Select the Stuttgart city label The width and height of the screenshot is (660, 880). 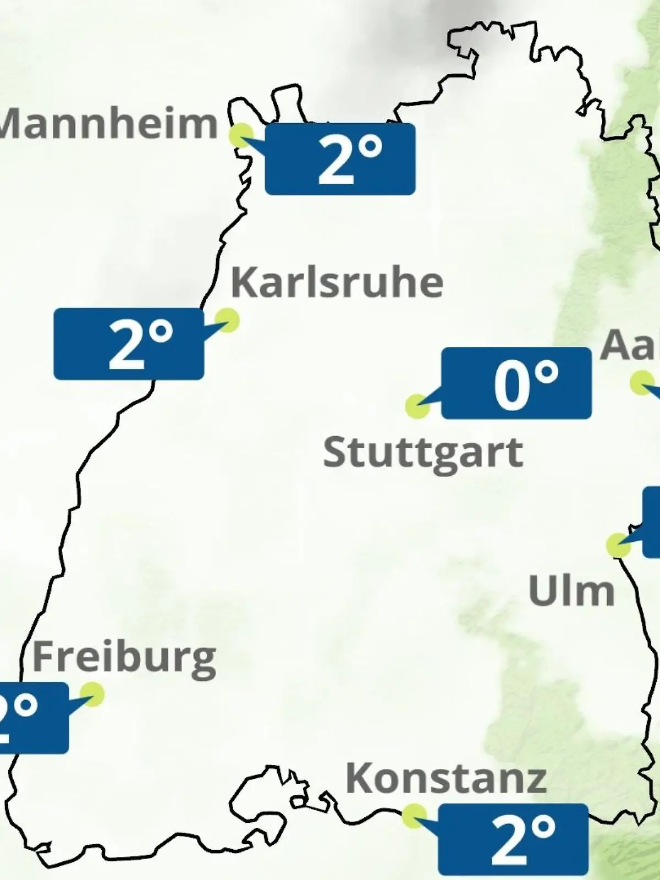coord(422,453)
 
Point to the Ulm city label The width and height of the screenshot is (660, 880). coord(571,591)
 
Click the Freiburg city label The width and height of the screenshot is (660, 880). coord(124,658)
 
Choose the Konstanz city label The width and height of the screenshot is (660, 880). coord(446,778)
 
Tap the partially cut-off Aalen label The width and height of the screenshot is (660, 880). coord(630,345)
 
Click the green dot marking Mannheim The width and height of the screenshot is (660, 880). coord(241,135)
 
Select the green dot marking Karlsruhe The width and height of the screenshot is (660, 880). coord(227,320)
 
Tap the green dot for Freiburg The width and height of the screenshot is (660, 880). coord(92,694)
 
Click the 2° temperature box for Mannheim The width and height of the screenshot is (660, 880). coord(340,159)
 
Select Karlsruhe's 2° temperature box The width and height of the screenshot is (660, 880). coord(129,344)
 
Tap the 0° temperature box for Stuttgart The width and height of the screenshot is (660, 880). coord(516,383)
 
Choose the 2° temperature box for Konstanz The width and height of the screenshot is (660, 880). coord(513,839)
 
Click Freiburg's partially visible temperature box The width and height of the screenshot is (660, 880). coord(33,718)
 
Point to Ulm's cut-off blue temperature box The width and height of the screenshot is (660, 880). coord(652,521)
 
